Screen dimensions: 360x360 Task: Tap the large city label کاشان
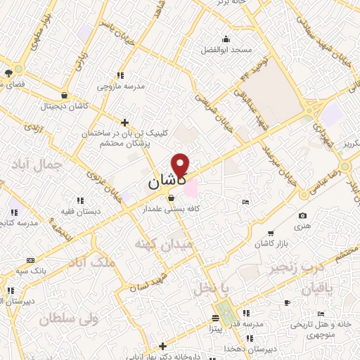[166, 181]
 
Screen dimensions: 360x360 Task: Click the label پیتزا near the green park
[214, 327]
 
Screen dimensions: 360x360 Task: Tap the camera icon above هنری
[302, 216]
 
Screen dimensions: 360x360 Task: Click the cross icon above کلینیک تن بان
[124, 122]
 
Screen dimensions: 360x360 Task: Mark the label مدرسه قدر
[249, 323]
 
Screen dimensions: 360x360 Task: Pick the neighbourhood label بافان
[318, 288]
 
